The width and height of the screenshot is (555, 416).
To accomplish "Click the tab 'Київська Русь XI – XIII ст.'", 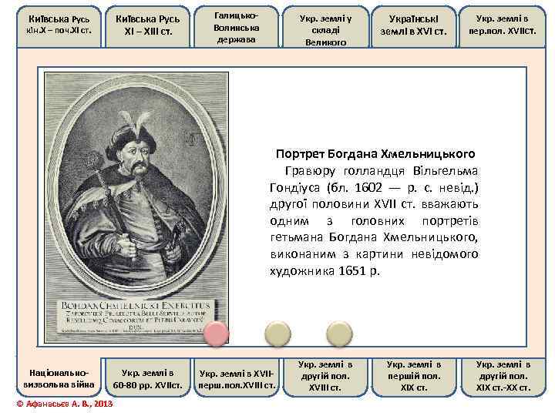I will pos(147,25).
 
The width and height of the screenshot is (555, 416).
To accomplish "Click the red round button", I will pos(217,334).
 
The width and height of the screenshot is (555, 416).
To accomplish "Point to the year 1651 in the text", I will pos(356,271).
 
